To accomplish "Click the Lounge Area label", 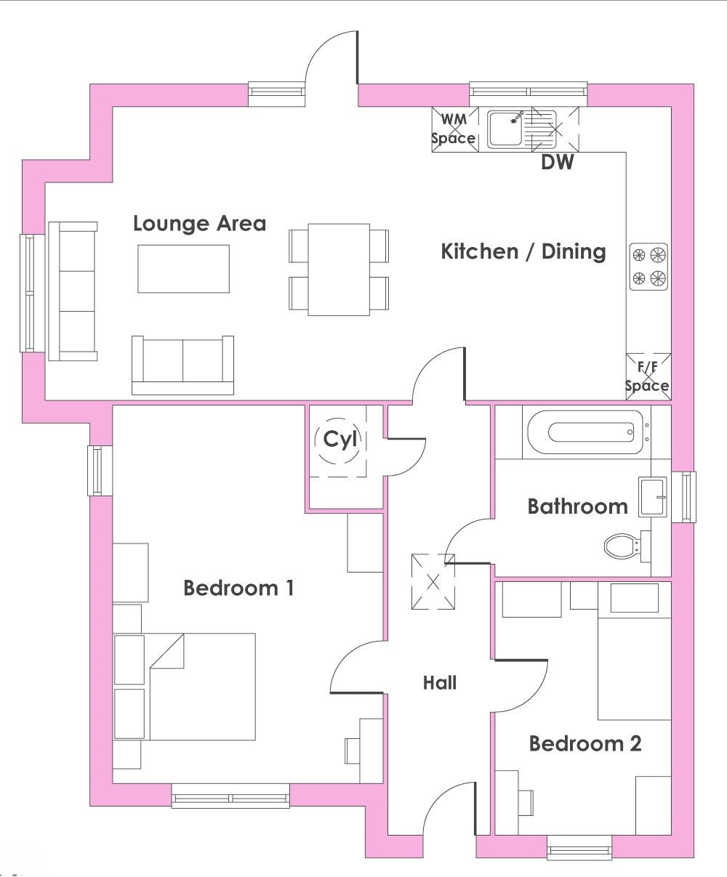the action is tap(200, 224).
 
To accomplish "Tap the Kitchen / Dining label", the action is tap(523, 252).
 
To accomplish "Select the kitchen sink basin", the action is tap(505, 129).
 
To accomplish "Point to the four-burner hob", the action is tap(648, 267).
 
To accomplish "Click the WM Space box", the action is tap(454, 129).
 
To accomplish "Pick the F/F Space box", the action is tap(648, 376).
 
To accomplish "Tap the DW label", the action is tap(557, 162).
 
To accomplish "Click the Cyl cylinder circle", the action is tap(337, 440).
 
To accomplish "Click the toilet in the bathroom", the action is tap(627, 546).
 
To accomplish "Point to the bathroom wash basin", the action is tap(652, 497).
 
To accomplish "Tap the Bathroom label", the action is tap(578, 506).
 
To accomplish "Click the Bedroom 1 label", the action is tap(238, 588).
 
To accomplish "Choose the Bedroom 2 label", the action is tap(585, 744).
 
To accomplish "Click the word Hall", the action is tap(440, 683).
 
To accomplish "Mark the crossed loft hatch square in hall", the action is tap(433, 582).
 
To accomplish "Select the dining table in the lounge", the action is tap(339, 270).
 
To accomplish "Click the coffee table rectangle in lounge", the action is tap(184, 269).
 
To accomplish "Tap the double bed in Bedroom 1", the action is tap(202, 687).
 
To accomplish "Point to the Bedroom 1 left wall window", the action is tap(100, 470).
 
